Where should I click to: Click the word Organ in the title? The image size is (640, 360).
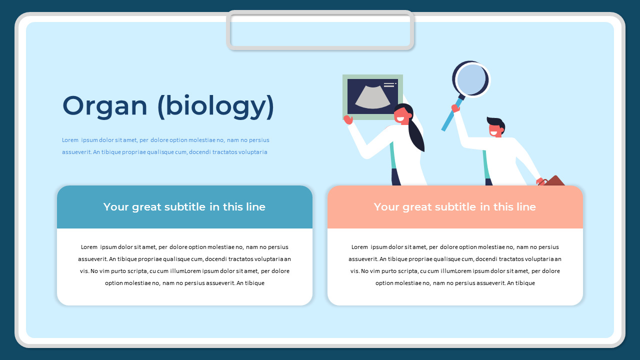pos(105,106)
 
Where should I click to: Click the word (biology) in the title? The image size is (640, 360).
pos(215,106)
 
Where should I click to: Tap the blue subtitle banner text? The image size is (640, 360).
pos(184,207)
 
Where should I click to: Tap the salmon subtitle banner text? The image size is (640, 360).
pos(454,207)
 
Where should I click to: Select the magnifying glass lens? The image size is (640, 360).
pos(471,79)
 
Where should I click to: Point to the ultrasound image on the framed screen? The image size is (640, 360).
pos(372,97)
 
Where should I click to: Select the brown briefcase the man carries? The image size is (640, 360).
pos(554,181)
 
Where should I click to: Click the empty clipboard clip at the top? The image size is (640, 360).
pos(320,30)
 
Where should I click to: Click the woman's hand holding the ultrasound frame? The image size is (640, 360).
pos(348,120)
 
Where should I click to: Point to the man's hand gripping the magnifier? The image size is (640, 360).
pos(455,107)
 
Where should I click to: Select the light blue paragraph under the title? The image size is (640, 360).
pos(165,146)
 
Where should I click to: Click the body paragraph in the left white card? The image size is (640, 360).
pos(184,265)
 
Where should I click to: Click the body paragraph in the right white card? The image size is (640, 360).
pos(455,265)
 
